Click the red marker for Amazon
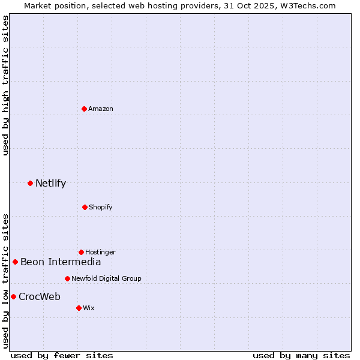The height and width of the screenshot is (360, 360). click(85, 109)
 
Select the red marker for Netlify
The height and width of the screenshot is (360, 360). click(30, 183)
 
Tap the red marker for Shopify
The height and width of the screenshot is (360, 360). click(85, 207)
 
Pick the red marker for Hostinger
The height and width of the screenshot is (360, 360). click(82, 252)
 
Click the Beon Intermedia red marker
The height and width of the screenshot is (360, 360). click(15, 262)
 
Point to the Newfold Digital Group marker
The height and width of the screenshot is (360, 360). click(67, 278)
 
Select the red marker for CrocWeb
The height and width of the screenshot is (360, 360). click(13, 296)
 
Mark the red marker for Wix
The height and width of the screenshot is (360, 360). click(79, 308)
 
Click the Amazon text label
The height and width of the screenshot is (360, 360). click(101, 109)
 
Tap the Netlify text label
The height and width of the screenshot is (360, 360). click(50, 183)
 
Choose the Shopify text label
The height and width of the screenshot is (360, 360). click(101, 207)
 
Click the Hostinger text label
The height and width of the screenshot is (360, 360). click(100, 252)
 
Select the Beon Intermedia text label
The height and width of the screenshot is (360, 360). click(61, 262)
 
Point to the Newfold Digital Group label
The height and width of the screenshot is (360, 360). click(106, 278)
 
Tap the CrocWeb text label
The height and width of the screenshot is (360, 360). click(40, 296)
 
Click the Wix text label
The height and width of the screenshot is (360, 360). click(89, 308)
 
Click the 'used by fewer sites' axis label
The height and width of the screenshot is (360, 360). click(62, 355)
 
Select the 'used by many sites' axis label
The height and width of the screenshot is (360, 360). click(301, 355)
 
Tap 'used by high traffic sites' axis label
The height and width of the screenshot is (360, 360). click(5, 85)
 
